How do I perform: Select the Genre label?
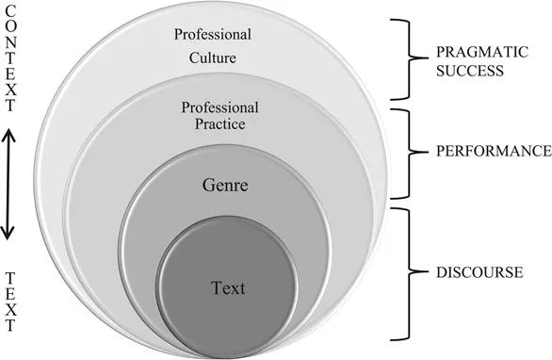(x=225, y=185)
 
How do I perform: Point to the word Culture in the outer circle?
(x=211, y=57)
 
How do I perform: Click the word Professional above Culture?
(x=212, y=35)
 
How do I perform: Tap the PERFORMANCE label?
(x=491, y=150)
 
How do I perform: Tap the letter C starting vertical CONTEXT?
(x=10, y=11)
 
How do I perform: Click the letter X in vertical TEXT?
(x=10, y=309)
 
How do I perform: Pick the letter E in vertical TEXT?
(x=10, y=293)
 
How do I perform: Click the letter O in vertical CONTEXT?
(x=10, y=27)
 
